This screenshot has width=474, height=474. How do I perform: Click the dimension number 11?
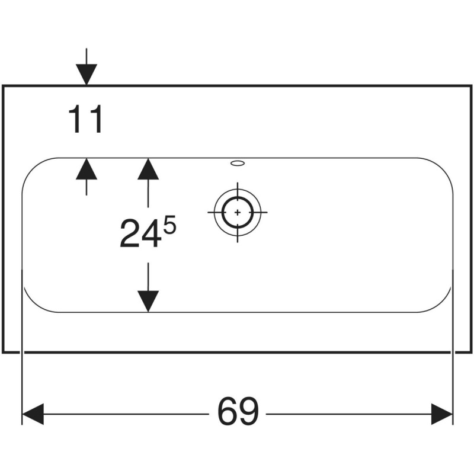coord(86,119)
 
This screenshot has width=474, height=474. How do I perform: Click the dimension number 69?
coord(238,412)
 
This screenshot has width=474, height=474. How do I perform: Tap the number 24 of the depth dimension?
coord(140,233)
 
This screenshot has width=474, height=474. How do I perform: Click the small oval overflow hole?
coord(238,164)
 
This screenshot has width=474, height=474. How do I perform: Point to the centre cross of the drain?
coord(238,213)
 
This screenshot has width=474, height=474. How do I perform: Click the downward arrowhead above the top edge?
coord(87,75)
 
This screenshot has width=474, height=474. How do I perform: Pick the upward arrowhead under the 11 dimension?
coord(87,169)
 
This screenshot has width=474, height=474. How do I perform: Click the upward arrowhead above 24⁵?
coord(148,169)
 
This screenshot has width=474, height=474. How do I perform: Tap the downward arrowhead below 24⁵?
coord(148,302)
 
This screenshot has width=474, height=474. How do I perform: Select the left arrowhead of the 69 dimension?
coord(33,414)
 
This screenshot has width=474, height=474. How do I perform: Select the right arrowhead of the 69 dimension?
coord(441,414)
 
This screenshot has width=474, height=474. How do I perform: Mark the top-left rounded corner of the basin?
coord(32,168)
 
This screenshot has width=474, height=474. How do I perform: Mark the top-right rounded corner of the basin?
coord(443,168)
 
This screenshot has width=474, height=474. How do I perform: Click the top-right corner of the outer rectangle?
coord(471,86)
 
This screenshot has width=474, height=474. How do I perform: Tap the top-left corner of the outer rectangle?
coord(3,86)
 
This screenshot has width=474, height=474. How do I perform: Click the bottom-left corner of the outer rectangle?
coord(3,352)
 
